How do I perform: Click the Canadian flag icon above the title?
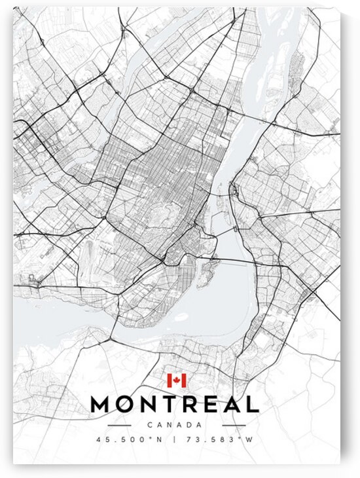click(x=176, y=380)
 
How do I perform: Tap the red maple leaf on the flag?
click(x=176, y=380)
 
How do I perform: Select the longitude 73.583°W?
click(x=221, y=440)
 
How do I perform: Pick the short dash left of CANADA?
click(x=136, y=425)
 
